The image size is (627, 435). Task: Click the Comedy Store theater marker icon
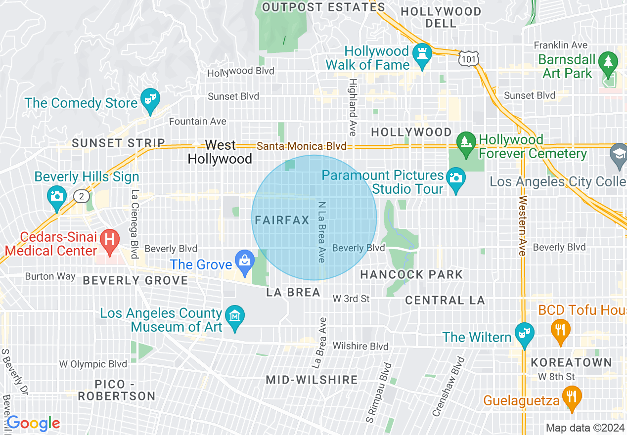tap(148, 98)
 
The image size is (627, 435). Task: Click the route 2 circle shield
tap(81, 197)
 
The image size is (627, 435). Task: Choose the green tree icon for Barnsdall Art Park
tap(608, 62)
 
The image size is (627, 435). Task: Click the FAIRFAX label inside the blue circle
tap(282, 220)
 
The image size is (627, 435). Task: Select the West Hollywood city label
tap(220, 152)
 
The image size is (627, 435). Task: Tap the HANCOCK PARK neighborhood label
tap(411, 274)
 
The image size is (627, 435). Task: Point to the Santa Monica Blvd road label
tap(302, 146)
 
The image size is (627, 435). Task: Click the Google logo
tap(33, 423)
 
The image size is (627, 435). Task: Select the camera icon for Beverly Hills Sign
tap(56, 195)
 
